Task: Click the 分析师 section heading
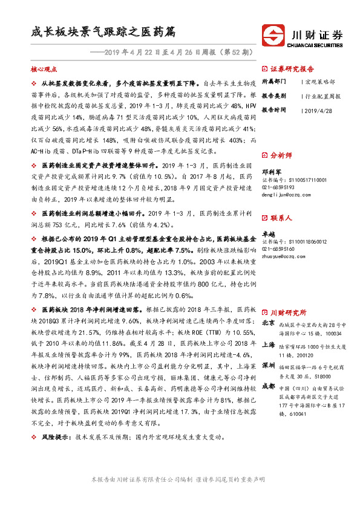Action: coord(282,155)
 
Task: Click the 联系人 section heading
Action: coord(282,217)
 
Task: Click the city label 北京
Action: coord(269,324)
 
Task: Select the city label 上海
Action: coord(269,345)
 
